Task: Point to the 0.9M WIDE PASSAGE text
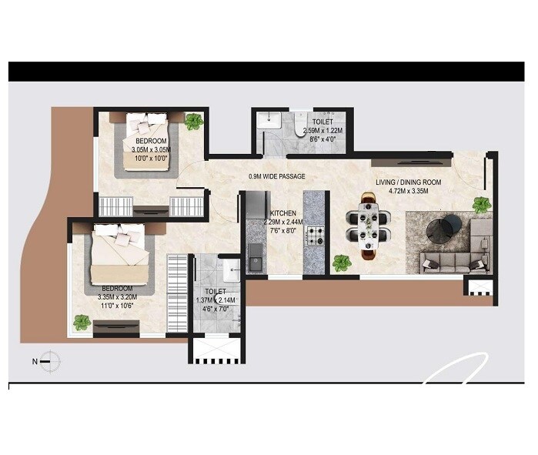pos(277,176)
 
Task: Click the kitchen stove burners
pos(315,234)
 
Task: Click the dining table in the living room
pos(369,226)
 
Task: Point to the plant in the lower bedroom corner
pos(81,322)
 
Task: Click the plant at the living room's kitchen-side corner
pos(341,263)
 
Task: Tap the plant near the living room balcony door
pos(482,204)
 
